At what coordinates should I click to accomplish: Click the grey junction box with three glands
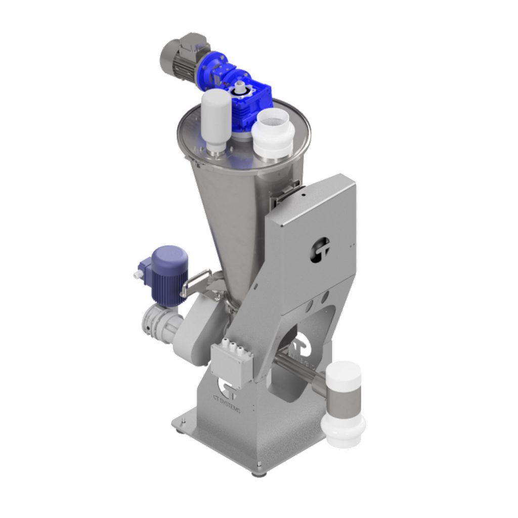click(x=232, y=359)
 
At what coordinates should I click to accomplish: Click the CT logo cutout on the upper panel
click(x=319, y=248)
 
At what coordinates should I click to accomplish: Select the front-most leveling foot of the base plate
click(x=258, y=472)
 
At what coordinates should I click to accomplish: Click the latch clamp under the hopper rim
click(x=283, y=195)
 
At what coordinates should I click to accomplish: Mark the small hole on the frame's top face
click(x=304, y=193)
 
